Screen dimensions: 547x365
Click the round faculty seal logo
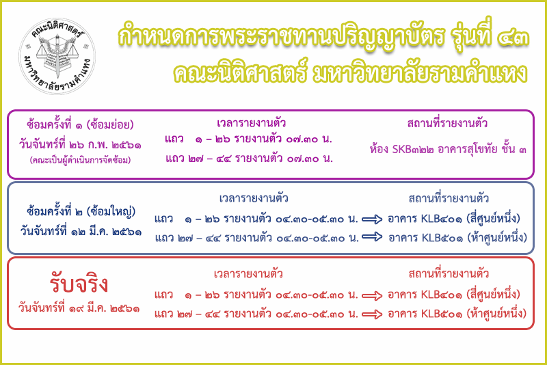(57, 56)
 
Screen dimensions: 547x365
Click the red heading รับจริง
(79, 284)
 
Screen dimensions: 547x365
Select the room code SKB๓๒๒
(413, 150)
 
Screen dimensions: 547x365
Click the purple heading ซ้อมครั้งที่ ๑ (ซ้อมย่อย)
(80, 124)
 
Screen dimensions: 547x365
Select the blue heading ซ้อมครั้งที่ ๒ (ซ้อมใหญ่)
(81, 212)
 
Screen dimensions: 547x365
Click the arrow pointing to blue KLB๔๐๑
(372, 219)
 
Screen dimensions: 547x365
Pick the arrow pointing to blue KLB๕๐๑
(372, 237)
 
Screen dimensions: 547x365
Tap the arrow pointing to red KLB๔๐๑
(372, 296)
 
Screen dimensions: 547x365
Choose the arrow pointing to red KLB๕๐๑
(372, 314)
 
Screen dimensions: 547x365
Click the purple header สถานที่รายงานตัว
(447, 123)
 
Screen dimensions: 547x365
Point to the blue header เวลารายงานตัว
(254, 198)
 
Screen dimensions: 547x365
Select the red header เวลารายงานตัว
(248, 274)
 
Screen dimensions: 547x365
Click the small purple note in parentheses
(80, 160)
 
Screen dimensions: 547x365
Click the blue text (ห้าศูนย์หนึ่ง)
(497, 238)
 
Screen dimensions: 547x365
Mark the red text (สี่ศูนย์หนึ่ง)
(493, 295)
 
